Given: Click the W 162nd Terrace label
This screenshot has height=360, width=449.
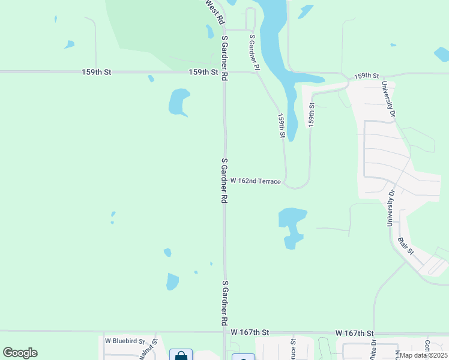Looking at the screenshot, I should coord(256,181).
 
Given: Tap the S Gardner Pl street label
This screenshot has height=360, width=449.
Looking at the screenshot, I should coord(255,52).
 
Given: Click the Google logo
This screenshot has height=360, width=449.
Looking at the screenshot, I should coord(20,353).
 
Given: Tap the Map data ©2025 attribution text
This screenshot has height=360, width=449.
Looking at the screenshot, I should coord(423,355).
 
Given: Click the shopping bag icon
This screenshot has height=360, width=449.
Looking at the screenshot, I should coord(181,355).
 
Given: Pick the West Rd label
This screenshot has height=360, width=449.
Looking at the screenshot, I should coord(214,8).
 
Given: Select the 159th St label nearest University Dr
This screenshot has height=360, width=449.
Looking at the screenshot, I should coord(367,76).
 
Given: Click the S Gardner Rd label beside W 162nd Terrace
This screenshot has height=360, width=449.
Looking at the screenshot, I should coord(224,181).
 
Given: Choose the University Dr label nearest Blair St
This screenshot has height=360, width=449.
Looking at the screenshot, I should coord(391,208).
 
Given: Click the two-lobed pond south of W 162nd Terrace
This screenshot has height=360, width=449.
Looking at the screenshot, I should coord(292,226).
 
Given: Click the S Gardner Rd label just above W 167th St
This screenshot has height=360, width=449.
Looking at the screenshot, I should coord(224,298).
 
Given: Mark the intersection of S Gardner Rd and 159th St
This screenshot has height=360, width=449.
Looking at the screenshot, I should coord(224,72).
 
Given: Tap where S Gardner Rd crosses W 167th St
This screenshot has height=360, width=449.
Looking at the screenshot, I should coord(225,331).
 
